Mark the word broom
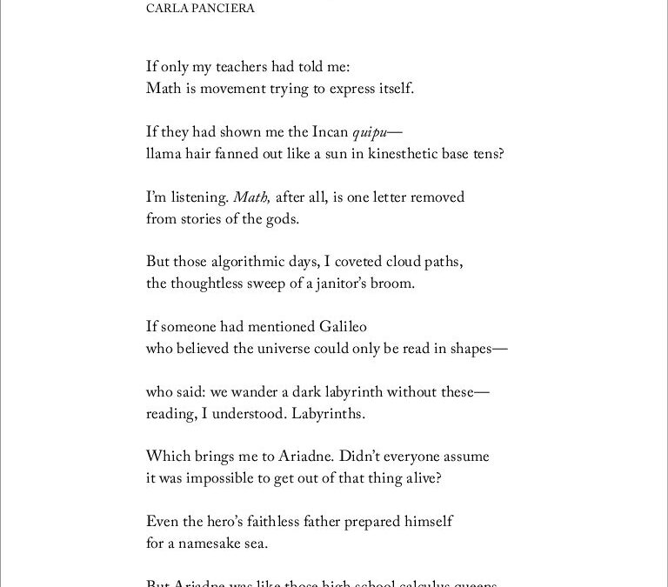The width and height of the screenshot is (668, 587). pos(396,283)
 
